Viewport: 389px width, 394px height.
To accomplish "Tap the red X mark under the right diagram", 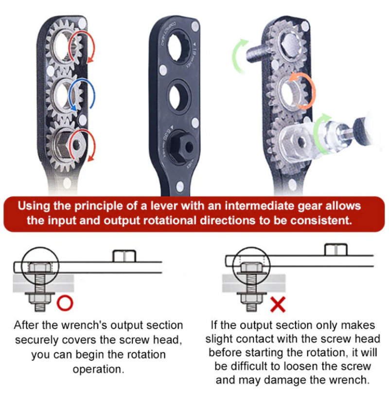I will (x=278, y=305).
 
